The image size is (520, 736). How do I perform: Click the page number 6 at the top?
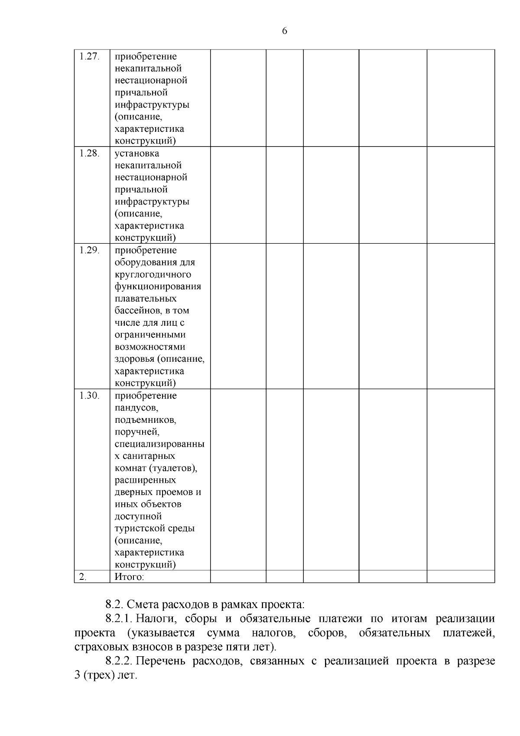[x=285, y=31]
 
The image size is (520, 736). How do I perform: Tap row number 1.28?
[x=89, y=154]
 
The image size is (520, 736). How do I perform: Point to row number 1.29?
[x=89, y=250]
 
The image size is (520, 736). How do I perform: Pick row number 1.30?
[x=89, y=396]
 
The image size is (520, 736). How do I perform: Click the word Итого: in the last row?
[x=129, y=577]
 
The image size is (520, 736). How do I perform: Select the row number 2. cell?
[x=83, y=577]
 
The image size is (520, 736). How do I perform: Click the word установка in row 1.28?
[x=136, y=154]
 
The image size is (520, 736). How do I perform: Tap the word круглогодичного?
[x=153, y=275]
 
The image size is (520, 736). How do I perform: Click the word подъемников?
[x=145, y=420]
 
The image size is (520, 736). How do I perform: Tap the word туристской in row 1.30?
[x=138, y=529]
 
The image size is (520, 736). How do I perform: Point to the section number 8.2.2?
[x=121, y=661]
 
